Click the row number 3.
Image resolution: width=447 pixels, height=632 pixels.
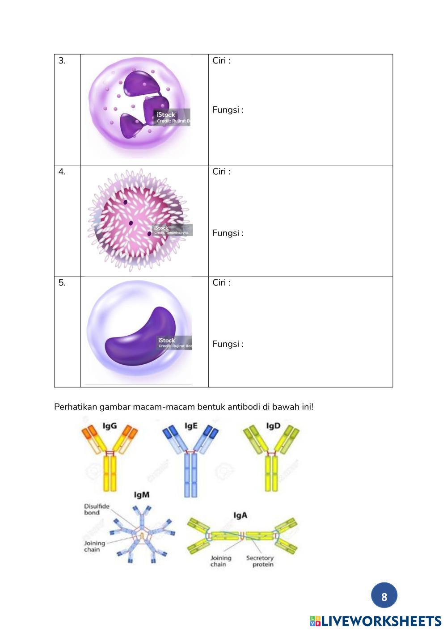click(62, 61)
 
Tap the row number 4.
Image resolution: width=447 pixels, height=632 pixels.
click(62, 172)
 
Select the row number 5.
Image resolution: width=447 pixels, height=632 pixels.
click(62, 282)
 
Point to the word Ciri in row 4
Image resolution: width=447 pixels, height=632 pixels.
click(219, 172)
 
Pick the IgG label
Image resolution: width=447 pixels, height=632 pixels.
click(110, 426)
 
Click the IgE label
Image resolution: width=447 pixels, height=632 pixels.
click(191, 426)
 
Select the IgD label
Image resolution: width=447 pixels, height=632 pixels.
click(273, 426)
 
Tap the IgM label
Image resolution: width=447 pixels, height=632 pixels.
click(142, 495)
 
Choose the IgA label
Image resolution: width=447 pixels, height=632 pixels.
click(240, 515)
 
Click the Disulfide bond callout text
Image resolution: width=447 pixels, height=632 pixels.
click(96, 509)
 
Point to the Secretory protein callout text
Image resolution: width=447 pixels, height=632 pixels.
click(260, 561)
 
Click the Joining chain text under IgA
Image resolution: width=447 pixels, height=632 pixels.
click(221, 561)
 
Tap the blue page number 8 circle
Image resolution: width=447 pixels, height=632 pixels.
click(384, 596)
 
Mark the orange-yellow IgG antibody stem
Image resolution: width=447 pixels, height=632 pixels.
click(110, 474)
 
